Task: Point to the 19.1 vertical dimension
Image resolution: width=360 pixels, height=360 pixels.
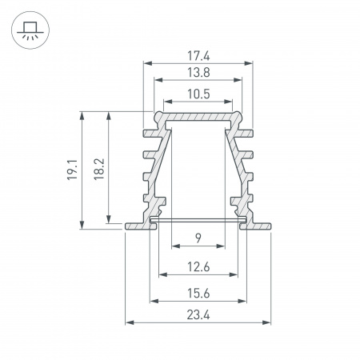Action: (71, 169)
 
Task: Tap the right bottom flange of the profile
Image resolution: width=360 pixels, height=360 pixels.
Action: (258, 226)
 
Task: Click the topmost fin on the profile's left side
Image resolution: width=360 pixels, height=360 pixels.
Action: (148, 130)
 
